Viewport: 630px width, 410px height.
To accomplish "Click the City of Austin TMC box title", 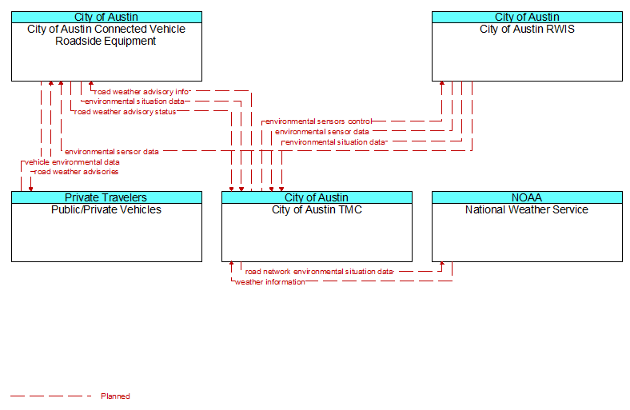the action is click(317, 209).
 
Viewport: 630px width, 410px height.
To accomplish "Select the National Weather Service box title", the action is click(527, 209).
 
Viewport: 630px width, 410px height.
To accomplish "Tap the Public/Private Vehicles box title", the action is click(106, 209).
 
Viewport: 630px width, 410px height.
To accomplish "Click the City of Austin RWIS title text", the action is click(527, 29).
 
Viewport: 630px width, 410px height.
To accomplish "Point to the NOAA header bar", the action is click(527, 197).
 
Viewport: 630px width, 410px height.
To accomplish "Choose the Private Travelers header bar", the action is click(106, 197).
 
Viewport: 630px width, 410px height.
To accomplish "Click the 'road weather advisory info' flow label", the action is click(142, 92).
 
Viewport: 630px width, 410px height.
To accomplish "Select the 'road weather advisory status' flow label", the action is click(125, 112).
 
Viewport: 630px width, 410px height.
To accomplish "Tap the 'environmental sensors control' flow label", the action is click(319, 121).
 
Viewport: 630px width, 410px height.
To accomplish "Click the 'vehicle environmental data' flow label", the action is click(72, 161).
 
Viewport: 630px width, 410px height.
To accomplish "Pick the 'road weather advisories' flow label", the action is click(76, 172).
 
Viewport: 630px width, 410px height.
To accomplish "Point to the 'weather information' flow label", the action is click(270, 282).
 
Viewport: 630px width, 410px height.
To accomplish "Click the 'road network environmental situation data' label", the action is click(320, 272).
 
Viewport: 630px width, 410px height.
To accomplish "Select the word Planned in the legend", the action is click(115, 396).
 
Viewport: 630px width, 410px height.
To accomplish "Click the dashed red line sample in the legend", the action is click(51, 396).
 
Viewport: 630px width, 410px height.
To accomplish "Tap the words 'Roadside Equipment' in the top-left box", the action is click(106, 41).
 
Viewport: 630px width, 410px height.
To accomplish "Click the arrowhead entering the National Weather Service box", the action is click(442, 264).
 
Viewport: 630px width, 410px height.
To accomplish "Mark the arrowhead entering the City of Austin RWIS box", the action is click(442, 83).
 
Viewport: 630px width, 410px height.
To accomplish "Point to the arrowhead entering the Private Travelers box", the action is click(30, 189).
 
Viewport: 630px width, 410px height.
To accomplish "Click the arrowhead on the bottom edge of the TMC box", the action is click(231, 264).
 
